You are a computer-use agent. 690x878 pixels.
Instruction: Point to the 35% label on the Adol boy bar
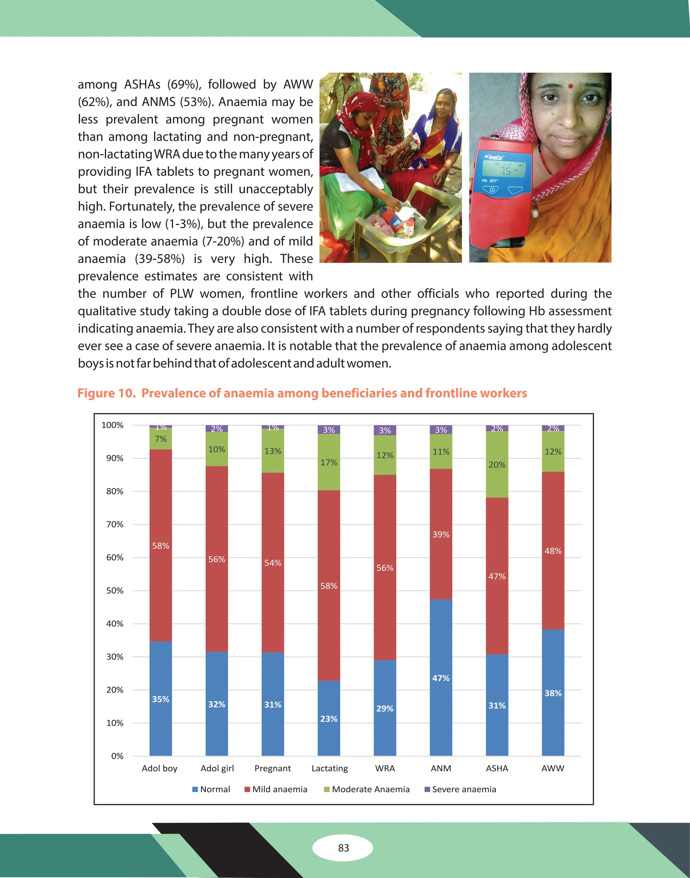tap(160, 699)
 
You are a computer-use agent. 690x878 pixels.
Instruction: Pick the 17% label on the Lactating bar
tap(329, 462)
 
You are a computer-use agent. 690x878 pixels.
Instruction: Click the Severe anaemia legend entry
tap(461, 789)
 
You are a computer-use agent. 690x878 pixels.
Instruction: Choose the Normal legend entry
tap(211, 789)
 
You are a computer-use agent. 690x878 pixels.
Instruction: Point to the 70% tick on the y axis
tap(115, 525)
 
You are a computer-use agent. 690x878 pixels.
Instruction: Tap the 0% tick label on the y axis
tap(117, 756)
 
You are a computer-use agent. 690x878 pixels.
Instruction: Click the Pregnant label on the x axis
tap(273, 768)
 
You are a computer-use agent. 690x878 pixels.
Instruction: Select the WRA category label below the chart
tap(385, 768)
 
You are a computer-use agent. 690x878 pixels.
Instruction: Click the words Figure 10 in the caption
tap(106, 393)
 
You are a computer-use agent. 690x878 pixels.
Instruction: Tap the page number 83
tap(343, 848)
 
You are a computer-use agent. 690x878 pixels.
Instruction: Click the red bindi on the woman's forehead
tap(570, 86)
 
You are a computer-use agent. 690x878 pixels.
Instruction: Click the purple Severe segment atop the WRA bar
tap(385, 430)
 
